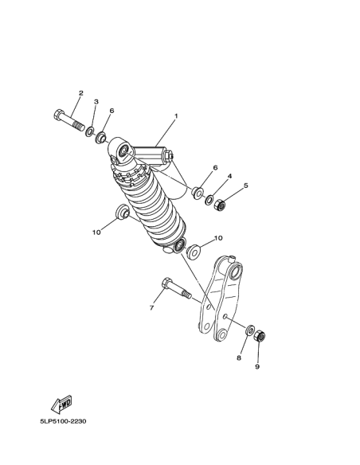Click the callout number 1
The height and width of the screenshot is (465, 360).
coord(176,116)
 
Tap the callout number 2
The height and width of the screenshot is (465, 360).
coord(81,93)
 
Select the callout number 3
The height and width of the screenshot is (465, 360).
coord(96,102)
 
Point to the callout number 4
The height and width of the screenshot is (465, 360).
coord(229,177)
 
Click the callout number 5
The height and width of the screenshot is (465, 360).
coord(246,186)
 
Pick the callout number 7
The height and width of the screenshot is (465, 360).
coord(152,308)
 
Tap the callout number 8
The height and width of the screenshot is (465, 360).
coord(239,358)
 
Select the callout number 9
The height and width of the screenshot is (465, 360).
coord(257,367)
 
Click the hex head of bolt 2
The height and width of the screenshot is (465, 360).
coord(59,115)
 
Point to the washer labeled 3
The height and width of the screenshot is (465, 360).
coord(89,131)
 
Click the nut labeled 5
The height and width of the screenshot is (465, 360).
coord(220,205)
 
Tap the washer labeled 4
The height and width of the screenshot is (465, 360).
coord(209,200)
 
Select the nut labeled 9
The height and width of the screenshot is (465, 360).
coord(260,336)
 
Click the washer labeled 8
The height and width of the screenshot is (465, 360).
coord(249,330)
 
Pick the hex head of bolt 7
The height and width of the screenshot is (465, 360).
coord(167,283)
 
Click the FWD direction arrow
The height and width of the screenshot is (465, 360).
coord(61,404)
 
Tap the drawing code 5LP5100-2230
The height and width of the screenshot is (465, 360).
coord(63,421)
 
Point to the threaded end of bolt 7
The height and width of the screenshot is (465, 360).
coord(186,295)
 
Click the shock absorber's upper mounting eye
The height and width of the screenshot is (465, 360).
coord(123,151)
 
